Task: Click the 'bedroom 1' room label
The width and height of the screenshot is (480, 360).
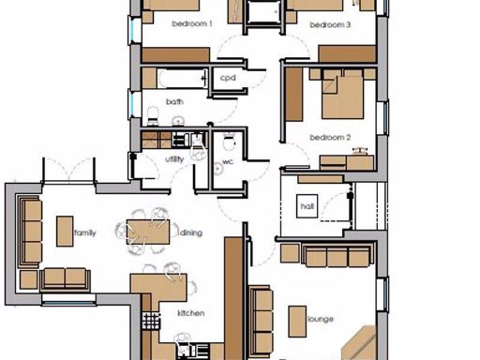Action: [192, 23]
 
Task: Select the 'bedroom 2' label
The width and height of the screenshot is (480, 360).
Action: [329, 138]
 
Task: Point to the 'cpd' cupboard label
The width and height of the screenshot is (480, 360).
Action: [228, 79]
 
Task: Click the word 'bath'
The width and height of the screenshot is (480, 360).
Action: [174, 101]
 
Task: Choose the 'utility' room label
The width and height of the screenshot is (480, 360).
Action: [174, 158]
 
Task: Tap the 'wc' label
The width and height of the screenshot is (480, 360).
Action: [227, 161]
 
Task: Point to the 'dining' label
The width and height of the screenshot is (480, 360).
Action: [191, 232]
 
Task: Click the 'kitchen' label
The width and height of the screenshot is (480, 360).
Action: [191, 313]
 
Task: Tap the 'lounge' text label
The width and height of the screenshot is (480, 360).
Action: [320, 320]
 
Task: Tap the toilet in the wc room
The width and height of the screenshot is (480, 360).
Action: [228, 142]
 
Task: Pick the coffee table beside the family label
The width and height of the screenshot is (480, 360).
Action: [65, 231]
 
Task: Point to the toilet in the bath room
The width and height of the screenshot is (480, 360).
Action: [153, 113]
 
